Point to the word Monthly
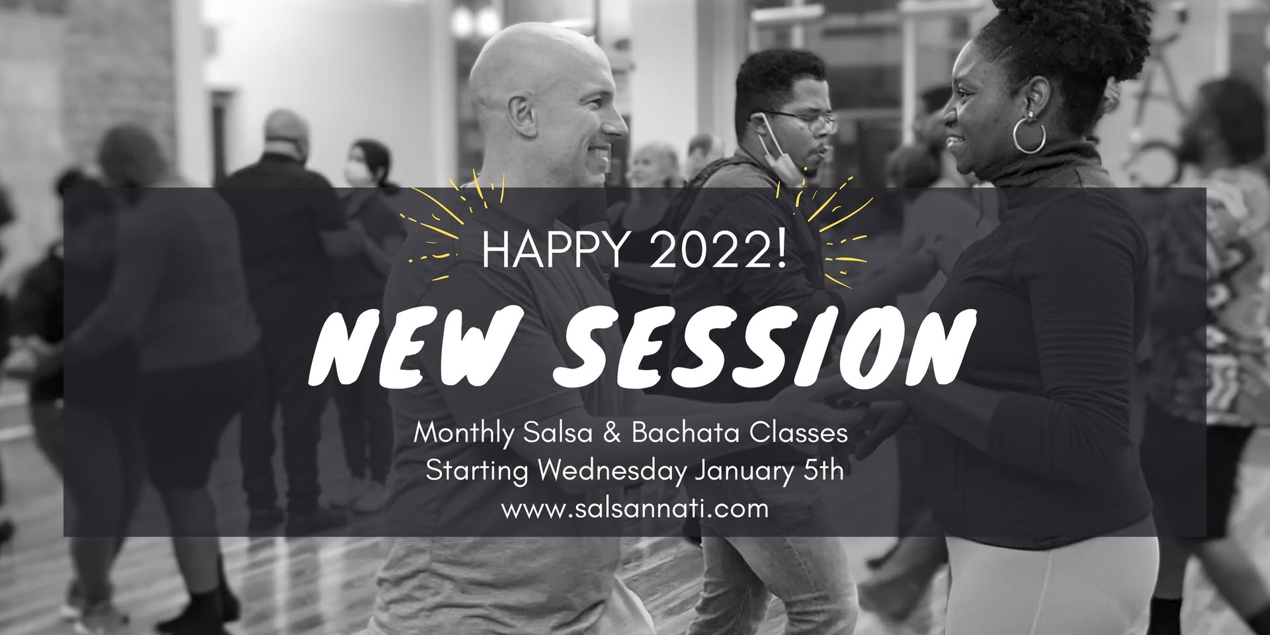(x=464, y=435)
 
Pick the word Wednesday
(x=611, y=472)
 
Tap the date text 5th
(x=823, y=471)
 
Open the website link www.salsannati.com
(x=635, y=509)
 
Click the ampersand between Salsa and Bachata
(x=611, y=433)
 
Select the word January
(x=741, y=472)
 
